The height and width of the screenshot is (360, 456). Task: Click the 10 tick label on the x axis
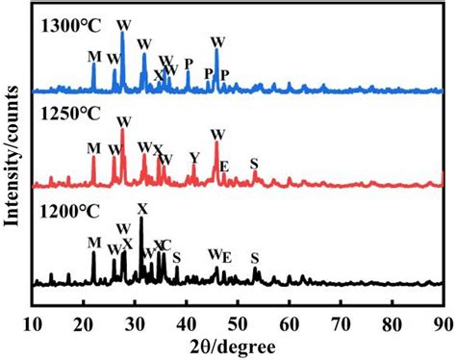click(x=33, y=321)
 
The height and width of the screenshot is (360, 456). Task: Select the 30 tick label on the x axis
click(x=135, y=321)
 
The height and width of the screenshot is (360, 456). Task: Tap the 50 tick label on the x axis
click(x=238, y=321)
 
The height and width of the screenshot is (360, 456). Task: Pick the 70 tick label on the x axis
click(x=340, y=321)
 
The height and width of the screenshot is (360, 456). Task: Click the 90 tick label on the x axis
click(x=442, y=321)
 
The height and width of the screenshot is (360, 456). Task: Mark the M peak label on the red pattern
click(x=93, y=148)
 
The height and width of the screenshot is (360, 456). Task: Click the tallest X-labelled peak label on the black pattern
click(x=141, y=208)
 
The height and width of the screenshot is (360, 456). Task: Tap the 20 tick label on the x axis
click(x=84, y=321)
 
